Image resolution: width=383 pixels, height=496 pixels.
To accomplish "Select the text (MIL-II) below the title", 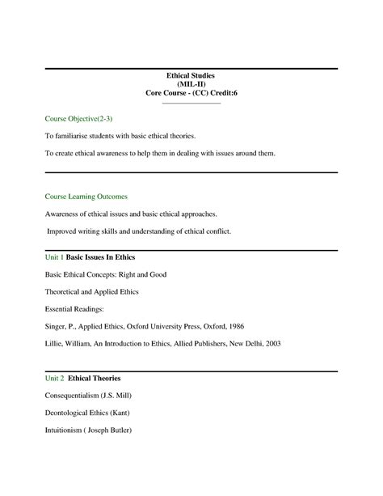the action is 191,84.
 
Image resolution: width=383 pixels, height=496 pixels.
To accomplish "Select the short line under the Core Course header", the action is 191,103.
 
